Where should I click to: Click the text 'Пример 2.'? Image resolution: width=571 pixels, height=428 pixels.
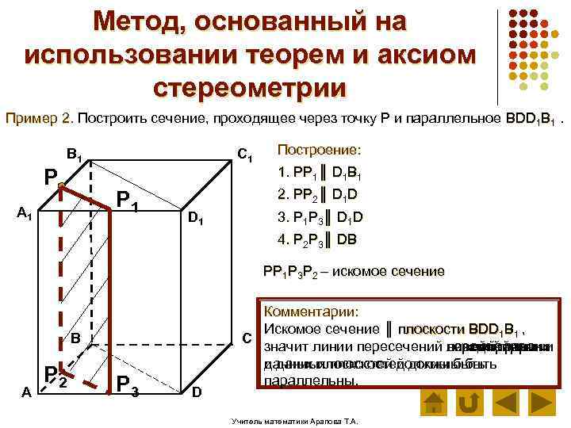tap(39, 119)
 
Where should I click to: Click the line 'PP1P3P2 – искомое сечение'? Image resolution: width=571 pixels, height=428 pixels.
tap(354, 271)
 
